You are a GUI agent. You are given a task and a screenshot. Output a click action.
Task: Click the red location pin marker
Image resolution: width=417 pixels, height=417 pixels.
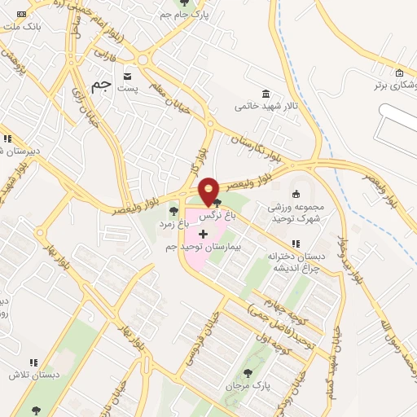(x=209, y=191)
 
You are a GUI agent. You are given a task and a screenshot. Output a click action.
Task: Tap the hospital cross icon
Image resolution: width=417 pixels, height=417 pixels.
(x=203, y=235)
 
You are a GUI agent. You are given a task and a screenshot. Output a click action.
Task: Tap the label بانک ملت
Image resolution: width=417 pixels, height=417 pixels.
(x=23, y=27)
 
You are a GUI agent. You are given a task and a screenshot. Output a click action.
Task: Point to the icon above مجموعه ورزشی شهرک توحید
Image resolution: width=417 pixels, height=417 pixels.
(x=296, y=194)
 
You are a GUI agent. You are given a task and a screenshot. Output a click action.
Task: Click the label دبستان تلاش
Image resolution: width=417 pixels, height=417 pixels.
(x=25, y=375)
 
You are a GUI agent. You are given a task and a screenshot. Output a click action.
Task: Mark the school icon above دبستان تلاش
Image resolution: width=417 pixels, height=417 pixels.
(x=33, y=362)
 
